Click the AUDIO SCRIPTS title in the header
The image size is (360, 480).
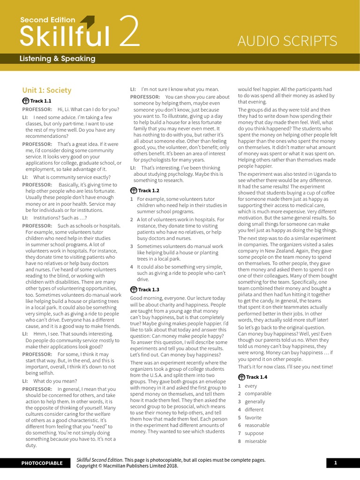click(287, 41)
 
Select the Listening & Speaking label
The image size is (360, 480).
click(57, 59)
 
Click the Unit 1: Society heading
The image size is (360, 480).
click(47, 90)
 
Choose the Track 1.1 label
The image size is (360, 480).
click(40, 101)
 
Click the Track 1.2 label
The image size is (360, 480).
click(148, 191)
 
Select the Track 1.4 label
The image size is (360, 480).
click(256, 377)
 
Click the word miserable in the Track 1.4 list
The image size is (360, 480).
click(255, 441)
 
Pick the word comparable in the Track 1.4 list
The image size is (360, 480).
click(258, 394)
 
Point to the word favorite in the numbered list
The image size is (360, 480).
click(253, 417)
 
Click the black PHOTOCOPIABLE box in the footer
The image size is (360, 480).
click(42, 463)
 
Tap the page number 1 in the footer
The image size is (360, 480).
click(336, 463)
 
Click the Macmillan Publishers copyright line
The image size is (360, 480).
click(127, 466)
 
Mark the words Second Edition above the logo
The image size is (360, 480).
click(47, 20)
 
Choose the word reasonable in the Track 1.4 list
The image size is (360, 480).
click(258, 425)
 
